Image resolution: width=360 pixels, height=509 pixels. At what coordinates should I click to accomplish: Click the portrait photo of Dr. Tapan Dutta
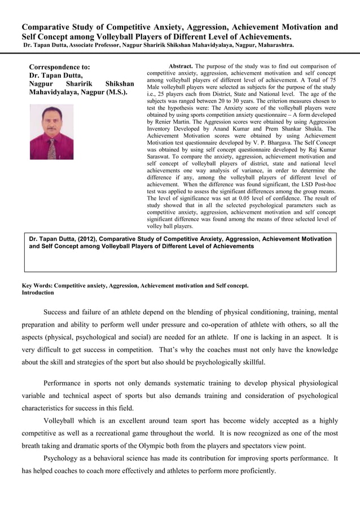[51, 132]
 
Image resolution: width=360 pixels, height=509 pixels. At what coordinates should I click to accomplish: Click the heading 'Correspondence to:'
[59, 66]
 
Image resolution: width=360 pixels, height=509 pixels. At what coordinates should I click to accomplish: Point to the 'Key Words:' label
[37, 286]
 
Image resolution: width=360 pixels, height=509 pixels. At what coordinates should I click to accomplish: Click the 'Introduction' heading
[38, 293]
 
